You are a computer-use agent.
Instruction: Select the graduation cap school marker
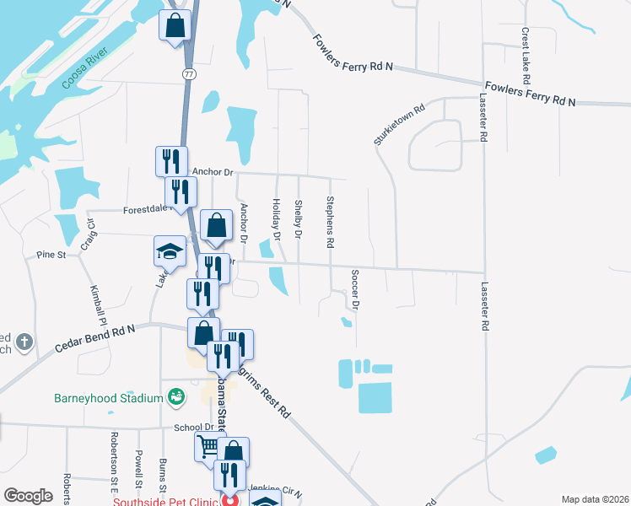(169, 251)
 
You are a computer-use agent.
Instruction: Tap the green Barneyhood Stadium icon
(176, 396)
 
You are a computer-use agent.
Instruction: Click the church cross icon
(25, 342)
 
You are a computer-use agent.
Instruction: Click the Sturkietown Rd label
(399, 123)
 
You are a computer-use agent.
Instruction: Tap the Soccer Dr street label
(355, 288)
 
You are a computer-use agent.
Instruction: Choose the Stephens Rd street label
(331, 222)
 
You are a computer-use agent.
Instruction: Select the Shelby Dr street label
(299, 218)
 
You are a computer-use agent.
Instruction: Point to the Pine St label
(51, 254)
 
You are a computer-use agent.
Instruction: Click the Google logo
(29, 496)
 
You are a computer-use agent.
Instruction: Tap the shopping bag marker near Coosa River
(175, 25)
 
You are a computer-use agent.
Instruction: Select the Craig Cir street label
(88, 235)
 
